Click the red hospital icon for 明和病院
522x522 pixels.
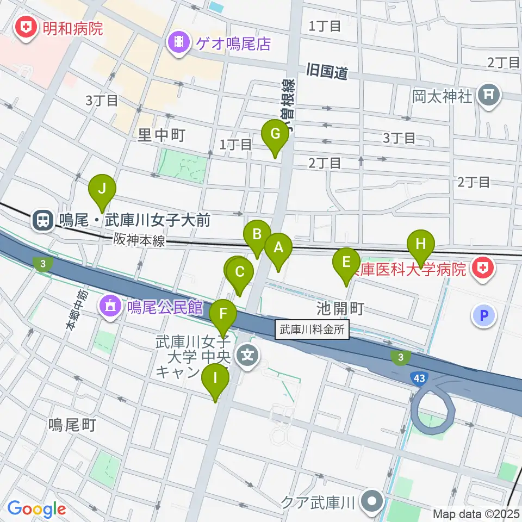click(24, 27)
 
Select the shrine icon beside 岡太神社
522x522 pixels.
click(488, 97)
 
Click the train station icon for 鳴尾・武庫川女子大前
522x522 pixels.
click(42, 220)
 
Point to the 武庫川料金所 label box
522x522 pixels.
click(313, 330)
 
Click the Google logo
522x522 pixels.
click(36, 509)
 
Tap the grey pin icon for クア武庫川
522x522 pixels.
click(373, 501)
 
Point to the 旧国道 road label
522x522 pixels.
click(327, 71)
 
